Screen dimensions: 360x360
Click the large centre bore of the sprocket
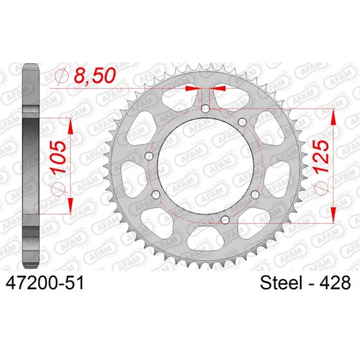(202, 164)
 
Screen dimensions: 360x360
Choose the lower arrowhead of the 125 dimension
(334, 214)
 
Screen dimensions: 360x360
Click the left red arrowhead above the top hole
(191, 87)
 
